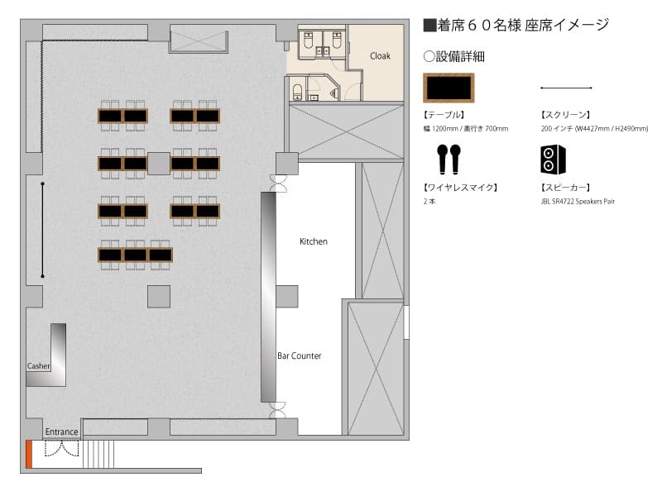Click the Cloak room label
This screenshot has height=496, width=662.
tap(380, 55)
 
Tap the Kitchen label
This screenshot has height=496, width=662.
tap(314, 241)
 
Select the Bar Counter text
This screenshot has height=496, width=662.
tap(300, 355)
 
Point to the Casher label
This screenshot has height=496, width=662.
tap(38, 366)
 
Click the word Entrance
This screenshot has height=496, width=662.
tap(61, 432)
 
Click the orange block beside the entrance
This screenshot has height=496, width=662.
tap(29, 454)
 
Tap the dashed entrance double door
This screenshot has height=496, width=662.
tap(62, 448)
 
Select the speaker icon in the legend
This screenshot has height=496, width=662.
tap(553, 160)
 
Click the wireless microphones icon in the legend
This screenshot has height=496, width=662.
tap(449, 160)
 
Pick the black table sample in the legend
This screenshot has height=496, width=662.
tap(449, 88)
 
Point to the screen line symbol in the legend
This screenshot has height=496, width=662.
tap(566, 88)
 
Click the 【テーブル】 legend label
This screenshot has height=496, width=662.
tap(444, 115)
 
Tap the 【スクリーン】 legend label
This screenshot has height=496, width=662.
tap(565, 115)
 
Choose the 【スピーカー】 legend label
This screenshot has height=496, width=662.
tap(565, 188)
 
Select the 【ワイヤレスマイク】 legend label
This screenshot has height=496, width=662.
tap(460, 188)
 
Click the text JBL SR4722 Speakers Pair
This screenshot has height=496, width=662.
tap(578, 202)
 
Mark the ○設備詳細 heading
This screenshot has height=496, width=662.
tap(453, 56)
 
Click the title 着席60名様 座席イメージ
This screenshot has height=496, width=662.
tap(516, 26)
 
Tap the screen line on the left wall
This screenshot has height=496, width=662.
tap(43, 230)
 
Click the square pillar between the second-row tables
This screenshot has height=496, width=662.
tap(159, 164)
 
